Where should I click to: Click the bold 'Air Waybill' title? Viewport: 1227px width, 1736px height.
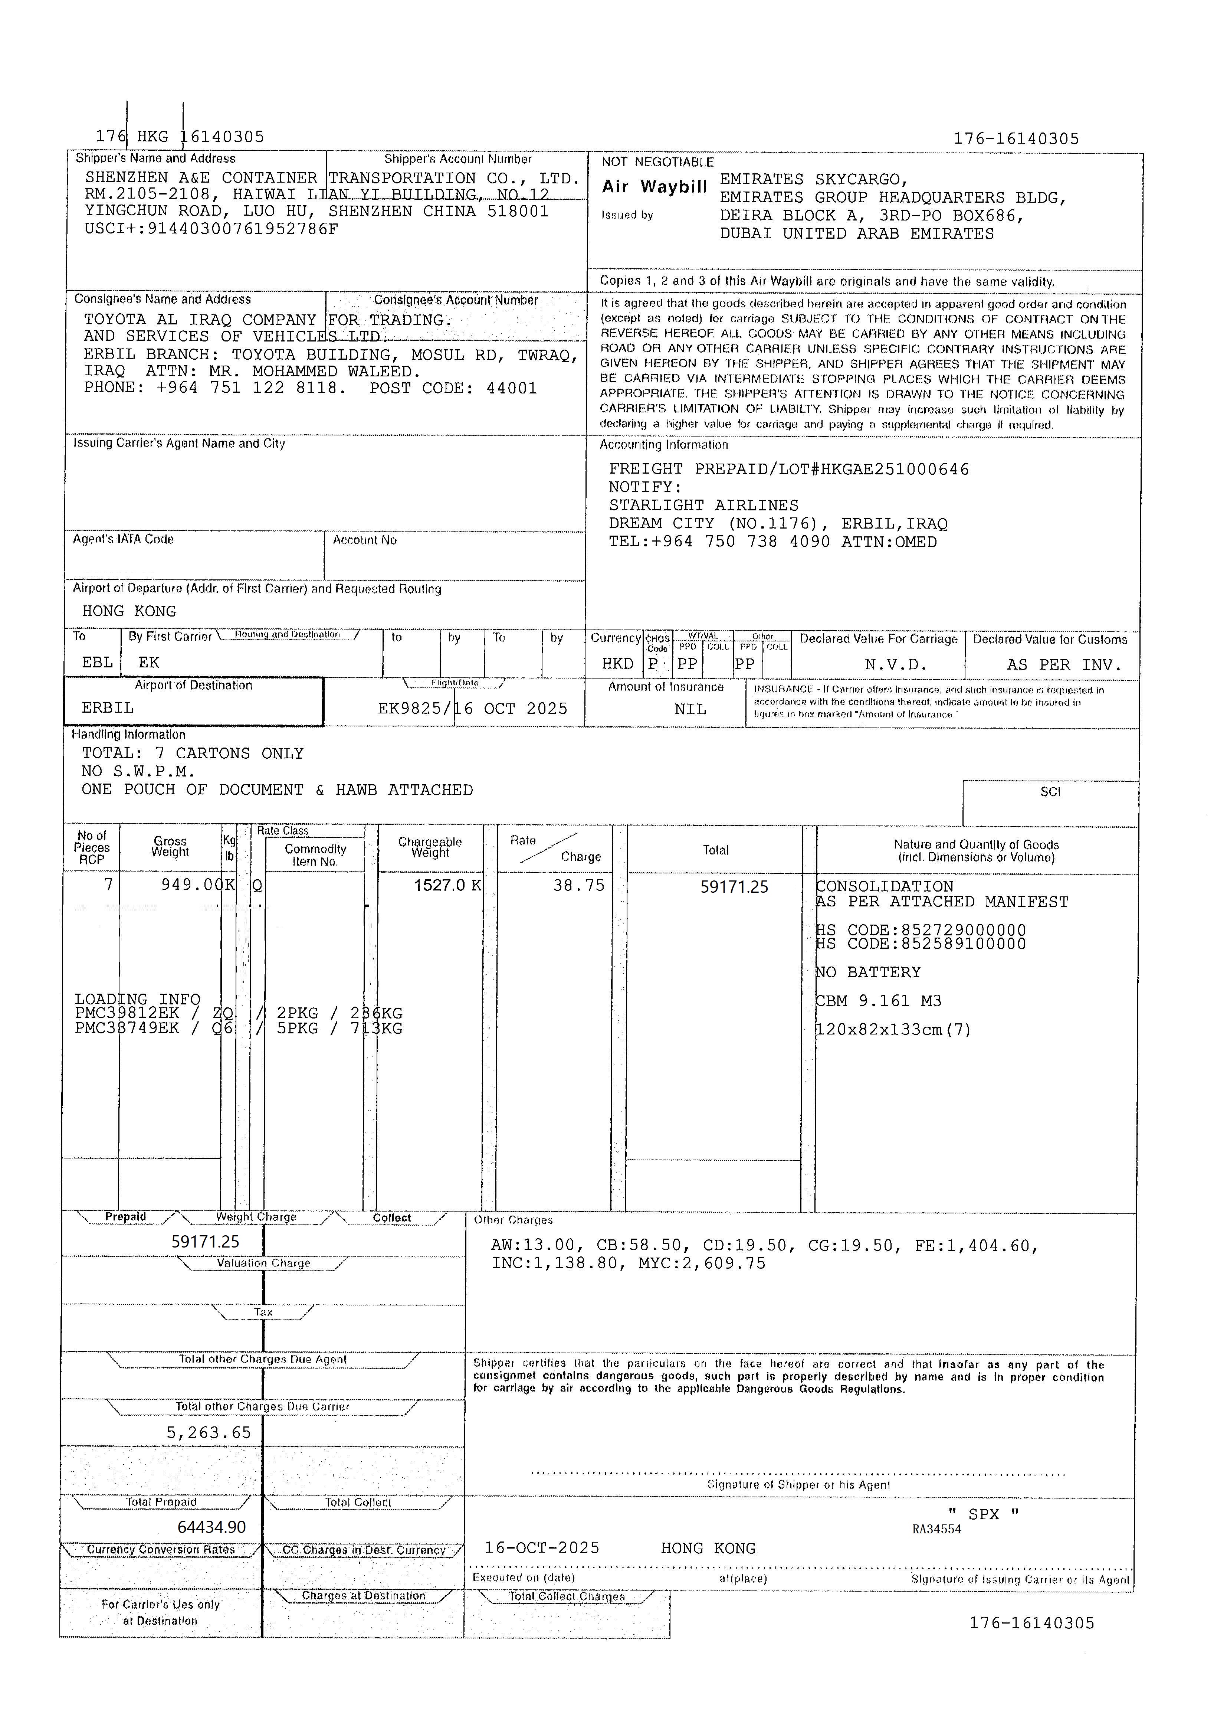[655, 187]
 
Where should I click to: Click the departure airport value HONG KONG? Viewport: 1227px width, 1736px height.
[129, 611]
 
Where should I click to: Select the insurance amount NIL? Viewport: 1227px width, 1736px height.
[690, 709]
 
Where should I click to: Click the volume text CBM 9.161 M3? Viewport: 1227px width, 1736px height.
[880, 1001]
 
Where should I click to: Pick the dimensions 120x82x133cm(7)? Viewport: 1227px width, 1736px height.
[894, 1030]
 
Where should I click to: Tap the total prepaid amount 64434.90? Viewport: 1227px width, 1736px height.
[212, 1527]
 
